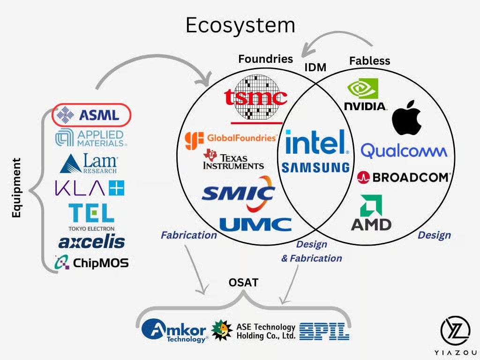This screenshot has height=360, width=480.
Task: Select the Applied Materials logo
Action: click(x=91, y=137)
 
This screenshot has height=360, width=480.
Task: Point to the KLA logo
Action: click(x=90, y=188)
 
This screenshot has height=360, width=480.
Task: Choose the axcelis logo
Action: click(x=91, y=242)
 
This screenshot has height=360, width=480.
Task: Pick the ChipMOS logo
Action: click(x=91, y=262)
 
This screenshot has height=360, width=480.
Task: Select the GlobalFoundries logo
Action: click(x=231, y=139)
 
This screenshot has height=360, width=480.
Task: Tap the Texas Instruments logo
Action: click(x=233, y=160)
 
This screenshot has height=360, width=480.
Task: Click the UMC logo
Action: click(x=255, y=225)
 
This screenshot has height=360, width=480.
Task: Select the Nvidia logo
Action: click(x=365, y=95)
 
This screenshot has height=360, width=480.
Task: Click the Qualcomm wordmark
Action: click(x=404, y=151)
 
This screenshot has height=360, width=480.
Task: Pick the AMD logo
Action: click(x=371, y=213)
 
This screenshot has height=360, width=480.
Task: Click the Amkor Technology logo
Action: click(x=175, y=330)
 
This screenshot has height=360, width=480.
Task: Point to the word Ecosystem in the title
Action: click(x=240, y=25)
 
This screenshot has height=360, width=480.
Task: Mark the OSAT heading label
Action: click(x=244, y=283)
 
